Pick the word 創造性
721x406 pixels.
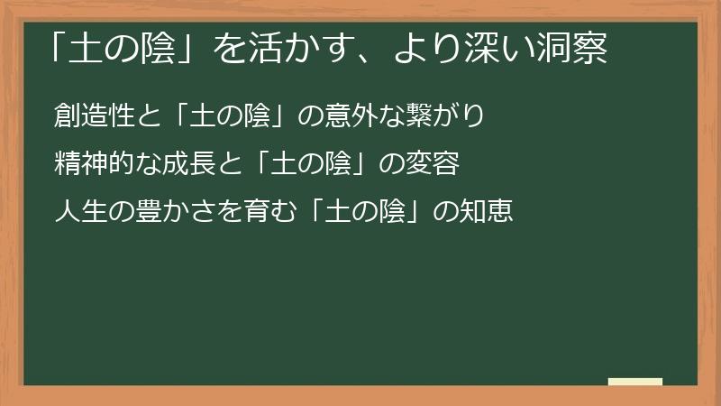pyautogui.click(x=94, y=117)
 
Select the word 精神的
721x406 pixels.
pyautogui.click(x=94, y=166)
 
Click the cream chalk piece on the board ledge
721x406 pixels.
pyautogui.click(x=635, y=382)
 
